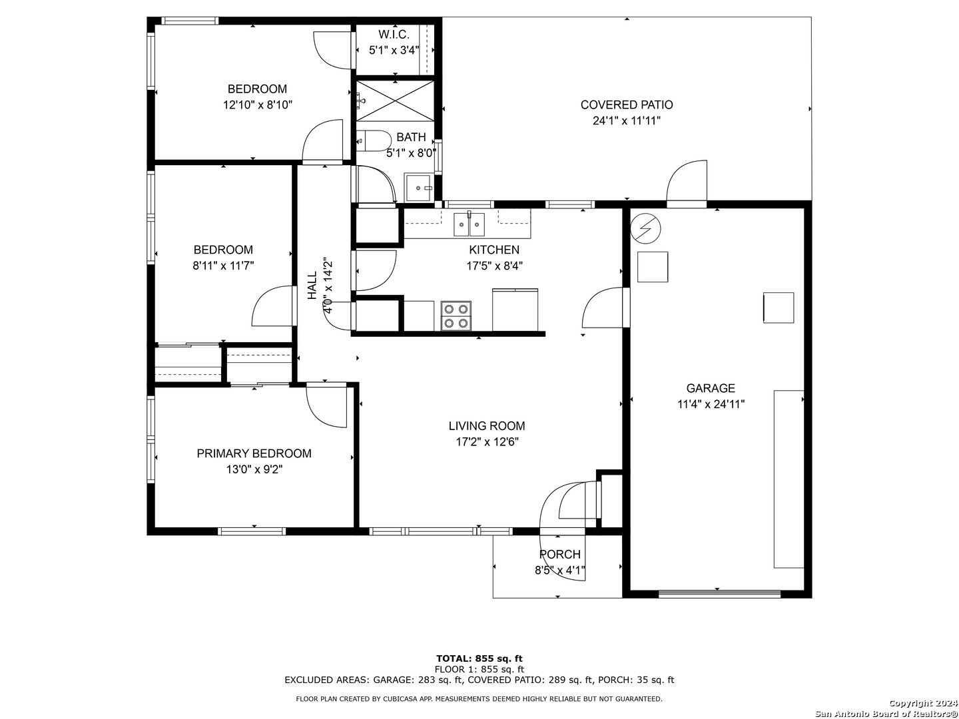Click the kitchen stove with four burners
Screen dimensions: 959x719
(456, 316)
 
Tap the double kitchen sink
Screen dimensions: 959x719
(469, 224)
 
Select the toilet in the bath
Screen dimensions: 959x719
(374, 141)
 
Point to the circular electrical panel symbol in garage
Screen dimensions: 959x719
(646, 228)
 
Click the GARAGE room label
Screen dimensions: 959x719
(711, 387)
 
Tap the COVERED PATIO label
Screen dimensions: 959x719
(627, 105)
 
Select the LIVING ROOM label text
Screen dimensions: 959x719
(487, 425)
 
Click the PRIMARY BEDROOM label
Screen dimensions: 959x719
(254, 453)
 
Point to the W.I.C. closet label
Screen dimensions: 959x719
(394, 34)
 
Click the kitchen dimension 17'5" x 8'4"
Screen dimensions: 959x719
(495, 266)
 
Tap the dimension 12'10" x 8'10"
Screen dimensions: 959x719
(257, 105)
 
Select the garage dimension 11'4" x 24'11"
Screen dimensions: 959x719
(711, 404)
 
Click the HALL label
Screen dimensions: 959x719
(312, 286)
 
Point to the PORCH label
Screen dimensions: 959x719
(560, 554)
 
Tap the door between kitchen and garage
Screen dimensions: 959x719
(603, 308)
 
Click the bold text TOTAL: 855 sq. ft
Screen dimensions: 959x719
(479, 658)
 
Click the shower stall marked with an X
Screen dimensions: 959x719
(396, 101)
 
